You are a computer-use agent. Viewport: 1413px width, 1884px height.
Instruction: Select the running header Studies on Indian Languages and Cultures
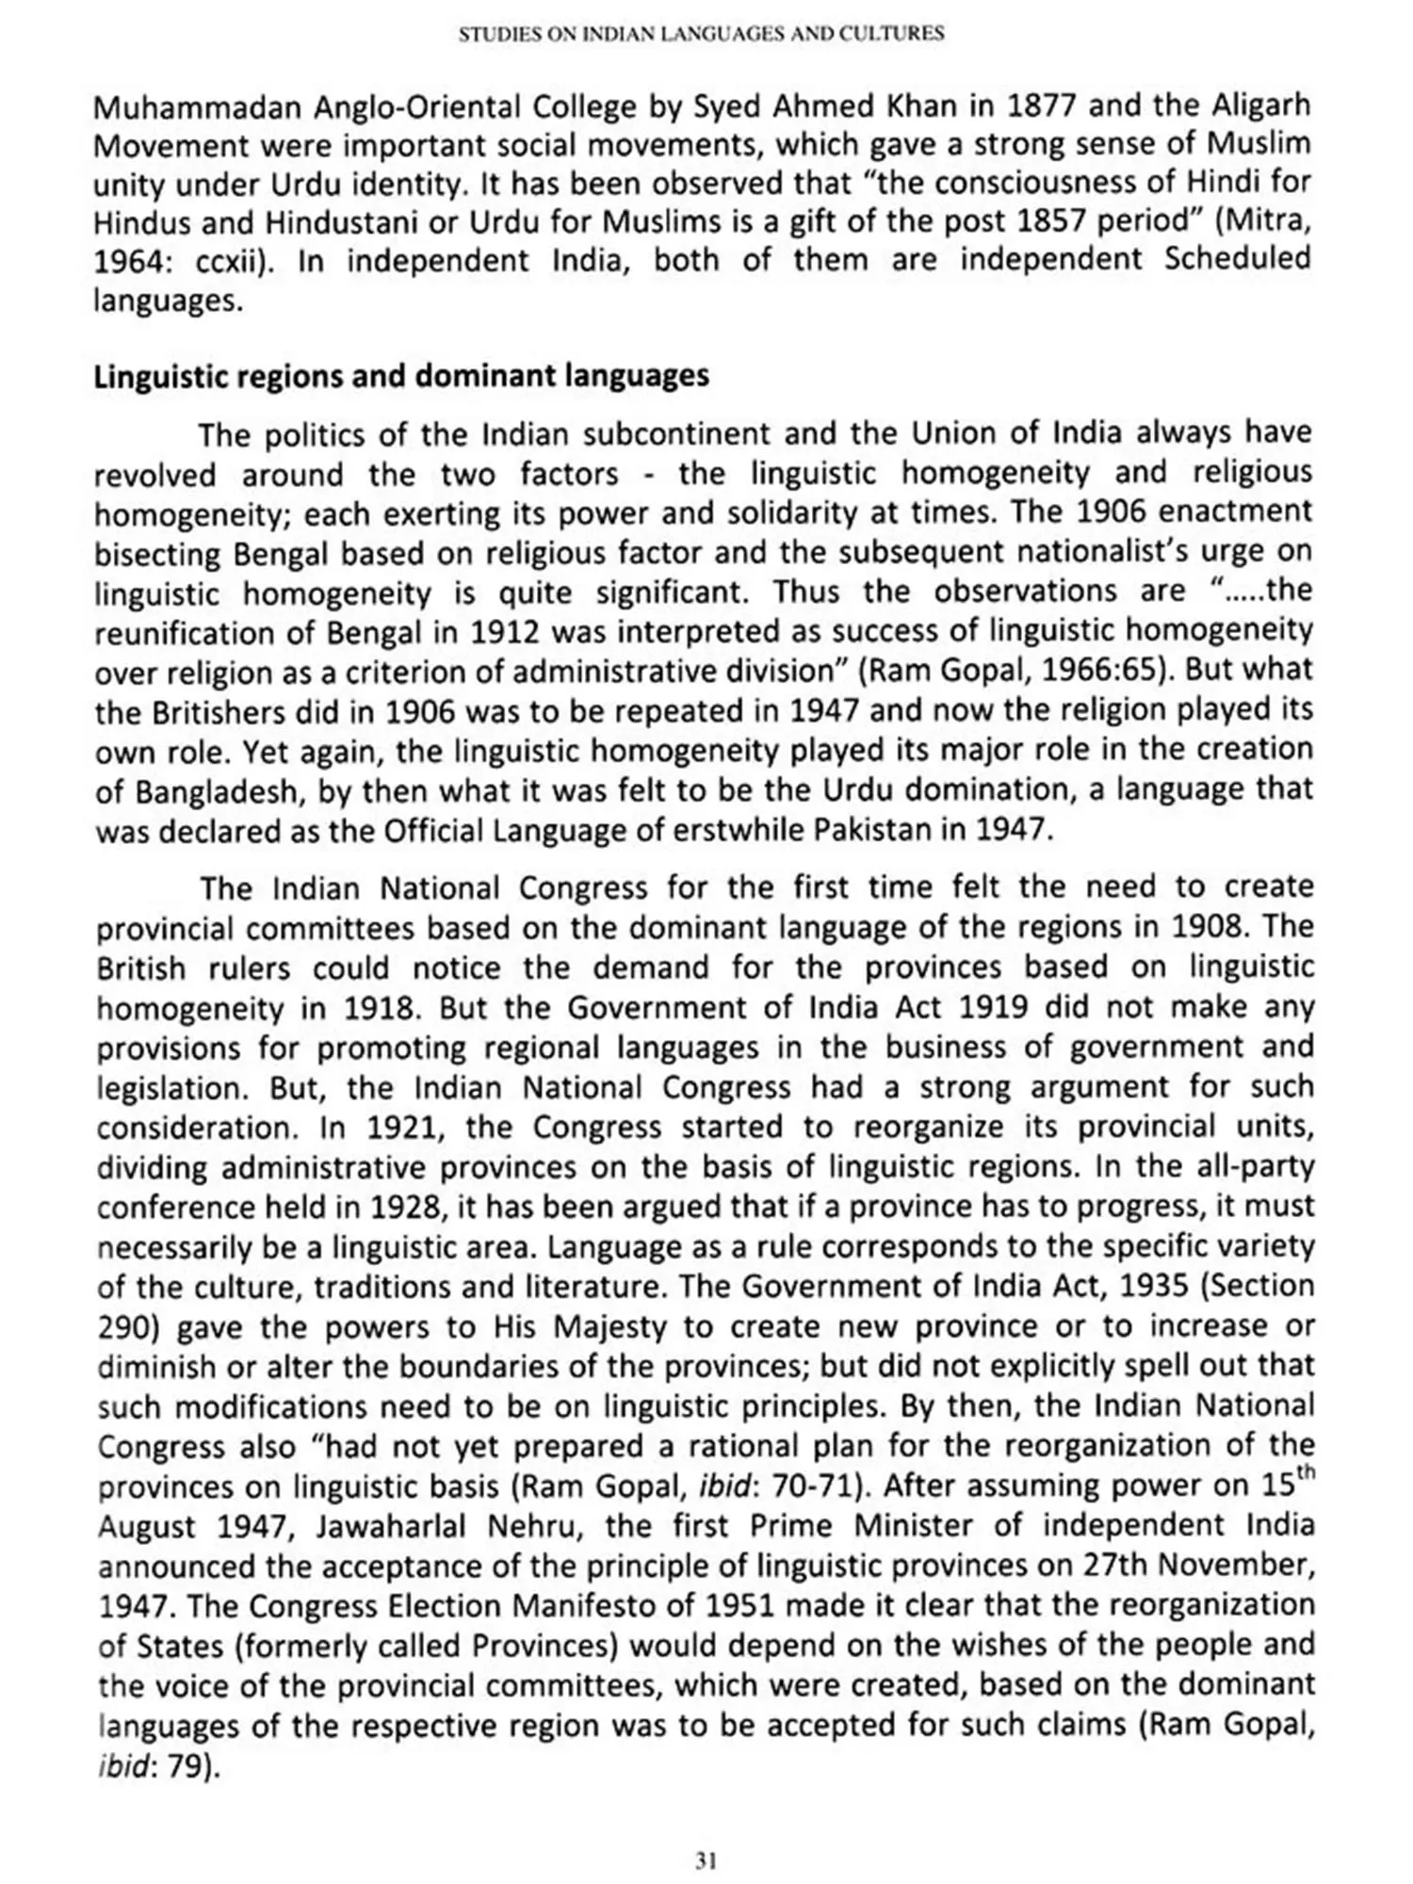(x=701, y=35)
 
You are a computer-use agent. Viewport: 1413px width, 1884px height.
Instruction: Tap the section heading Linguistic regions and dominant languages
(x=401, y=376)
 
